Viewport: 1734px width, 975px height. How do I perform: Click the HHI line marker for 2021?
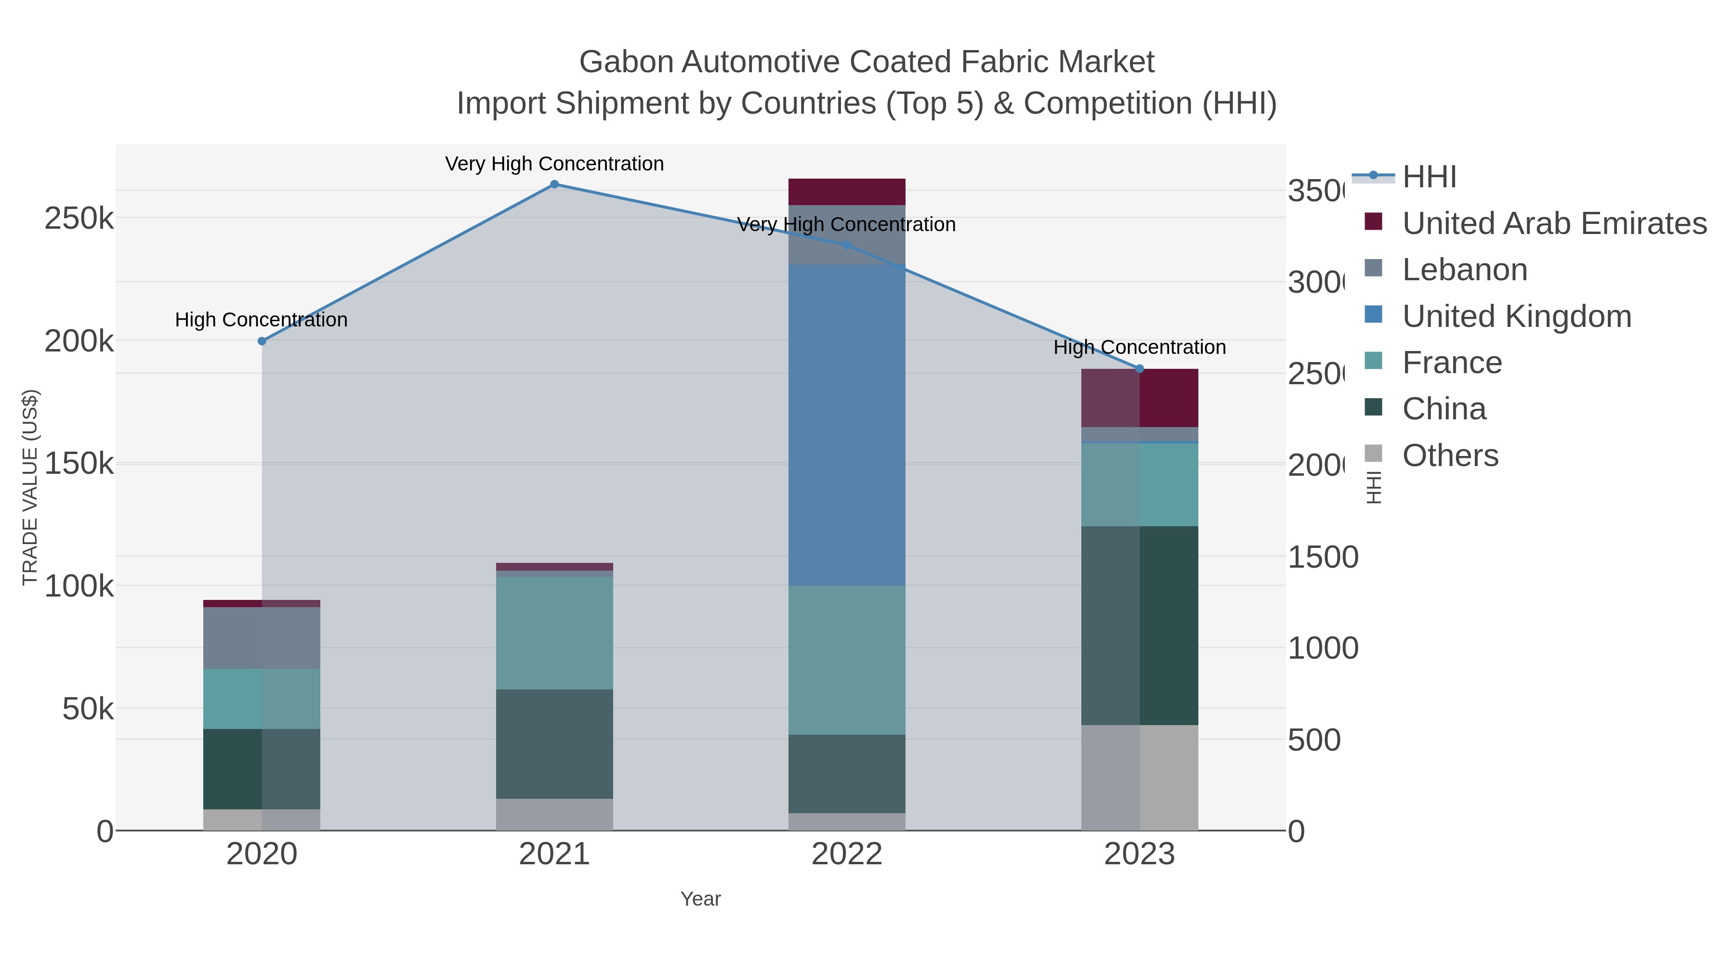554,184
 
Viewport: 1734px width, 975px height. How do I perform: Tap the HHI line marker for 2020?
262,341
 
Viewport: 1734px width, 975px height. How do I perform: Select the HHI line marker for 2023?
1139,369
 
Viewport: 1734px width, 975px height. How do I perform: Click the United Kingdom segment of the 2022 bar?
846,424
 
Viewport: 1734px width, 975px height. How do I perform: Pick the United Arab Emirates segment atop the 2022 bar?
846,192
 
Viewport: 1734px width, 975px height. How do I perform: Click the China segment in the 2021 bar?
554,743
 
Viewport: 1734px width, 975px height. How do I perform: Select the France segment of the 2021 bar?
554,633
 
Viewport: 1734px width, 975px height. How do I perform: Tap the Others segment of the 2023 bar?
1139,777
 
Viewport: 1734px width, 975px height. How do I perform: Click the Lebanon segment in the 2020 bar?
262,638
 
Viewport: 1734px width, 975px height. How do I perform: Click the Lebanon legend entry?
1464,270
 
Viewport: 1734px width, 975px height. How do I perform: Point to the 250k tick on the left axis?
79,219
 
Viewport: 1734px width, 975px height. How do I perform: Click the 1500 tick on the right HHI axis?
1322,557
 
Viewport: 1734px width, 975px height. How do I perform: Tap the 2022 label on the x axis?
846,855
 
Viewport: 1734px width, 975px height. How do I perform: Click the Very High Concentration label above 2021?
554,164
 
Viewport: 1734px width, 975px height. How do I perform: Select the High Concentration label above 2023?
1139,347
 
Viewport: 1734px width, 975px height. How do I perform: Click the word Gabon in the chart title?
626,62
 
